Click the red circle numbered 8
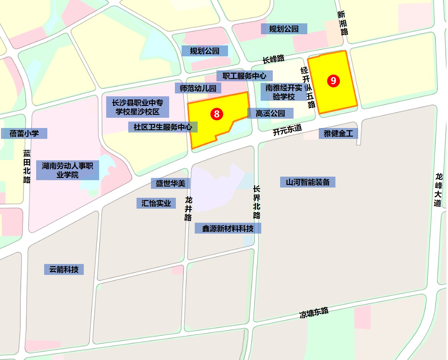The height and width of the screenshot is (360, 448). [x=217, y=114]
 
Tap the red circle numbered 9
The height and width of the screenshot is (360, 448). [x=333, y=81]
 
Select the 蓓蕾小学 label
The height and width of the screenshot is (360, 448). [x=24, y=133]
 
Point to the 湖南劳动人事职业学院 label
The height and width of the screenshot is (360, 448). [x=67, y=170]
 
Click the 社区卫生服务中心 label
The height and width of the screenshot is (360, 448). [x=163, y=127]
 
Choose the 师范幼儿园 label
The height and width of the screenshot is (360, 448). [x=198, y=88]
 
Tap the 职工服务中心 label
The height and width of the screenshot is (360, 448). [x=244, y=76]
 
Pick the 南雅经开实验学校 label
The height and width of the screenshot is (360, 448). [x=284, y=92]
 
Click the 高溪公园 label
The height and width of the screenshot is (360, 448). [x=270, y=113]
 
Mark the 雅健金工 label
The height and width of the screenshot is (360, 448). [x=338, y=133]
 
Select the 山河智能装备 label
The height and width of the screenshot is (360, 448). [x=308, y=182]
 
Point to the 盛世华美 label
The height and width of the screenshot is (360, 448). [x=170, y=183]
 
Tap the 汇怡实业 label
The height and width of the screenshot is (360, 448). [x=156, y=203]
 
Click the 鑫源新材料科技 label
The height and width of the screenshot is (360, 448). [x=228, y=228]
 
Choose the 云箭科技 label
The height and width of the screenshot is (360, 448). [x=64, y=269]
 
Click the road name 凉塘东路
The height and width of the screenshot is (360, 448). [x=314, y=312]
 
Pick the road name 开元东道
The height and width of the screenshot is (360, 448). [x=287, y=130]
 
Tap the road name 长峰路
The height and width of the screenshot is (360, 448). [x=273, y=59]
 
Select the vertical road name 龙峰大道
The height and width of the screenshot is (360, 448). [x=438, y=190]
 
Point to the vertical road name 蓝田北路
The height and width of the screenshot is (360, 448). [x=27, y=167]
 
